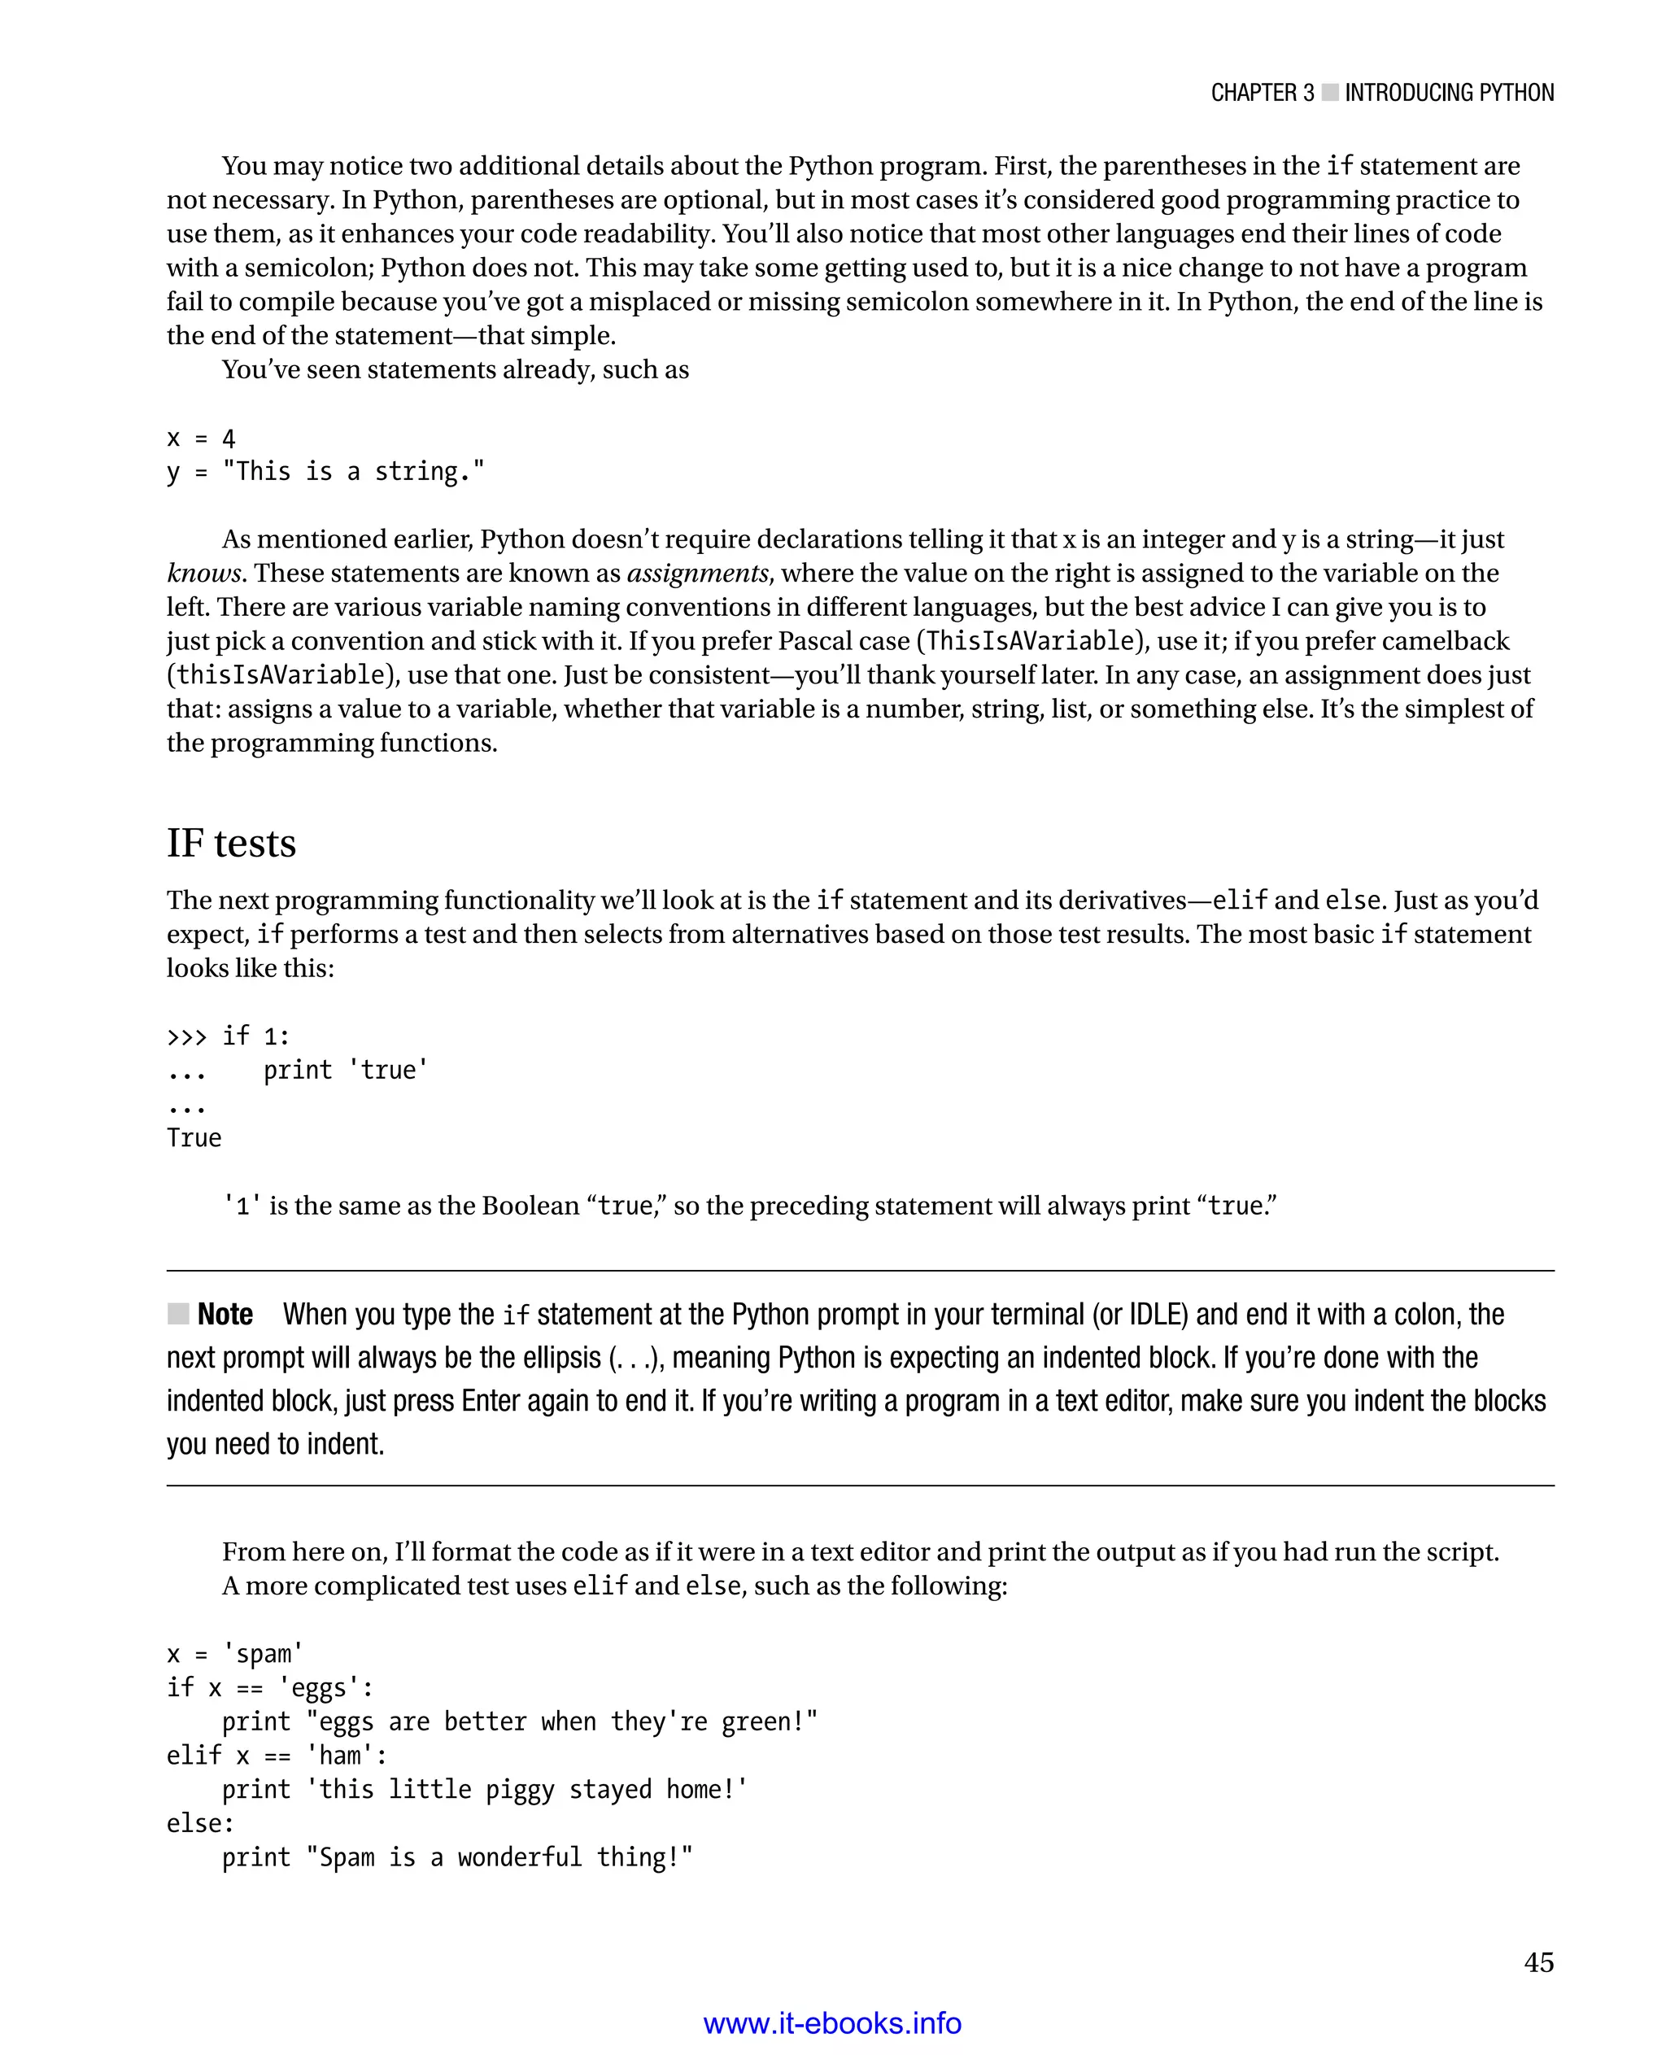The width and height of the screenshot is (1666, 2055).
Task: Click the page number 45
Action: tap(1537, 1962)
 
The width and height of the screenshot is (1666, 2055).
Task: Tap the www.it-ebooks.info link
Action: tap(832, 2022)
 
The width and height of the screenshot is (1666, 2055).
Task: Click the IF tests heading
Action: tap(231, 843)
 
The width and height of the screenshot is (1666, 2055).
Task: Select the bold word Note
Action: tap(225, 1314)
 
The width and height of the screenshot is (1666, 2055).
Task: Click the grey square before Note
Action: tap(177, 1313)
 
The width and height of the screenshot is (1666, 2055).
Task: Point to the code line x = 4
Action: tap(201, 438)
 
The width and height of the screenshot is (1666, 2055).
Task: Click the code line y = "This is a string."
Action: tap(325, 471)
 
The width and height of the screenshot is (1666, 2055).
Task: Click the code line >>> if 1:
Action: tap(228, 1036)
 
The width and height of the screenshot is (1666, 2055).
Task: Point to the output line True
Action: tap(194, 1138)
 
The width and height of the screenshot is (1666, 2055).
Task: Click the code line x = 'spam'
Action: tap(234, 1654)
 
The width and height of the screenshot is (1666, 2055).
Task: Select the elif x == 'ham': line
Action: tap(277, 1756)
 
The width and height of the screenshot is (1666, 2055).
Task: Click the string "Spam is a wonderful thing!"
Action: tap(499, 1857)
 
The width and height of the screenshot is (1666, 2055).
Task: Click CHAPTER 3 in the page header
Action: tap(1261, 93)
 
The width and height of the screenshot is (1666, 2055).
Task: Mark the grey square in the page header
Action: tap(1329, 92)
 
